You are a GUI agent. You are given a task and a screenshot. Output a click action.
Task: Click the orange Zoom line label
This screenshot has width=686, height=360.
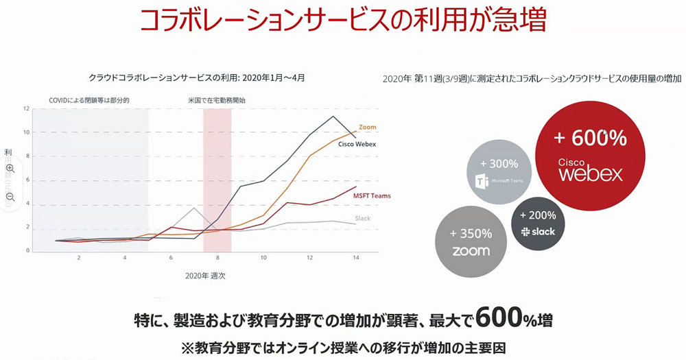coord(368,128)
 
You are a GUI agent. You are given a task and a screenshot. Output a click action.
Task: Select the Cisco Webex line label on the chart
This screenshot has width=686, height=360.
coord(360,144)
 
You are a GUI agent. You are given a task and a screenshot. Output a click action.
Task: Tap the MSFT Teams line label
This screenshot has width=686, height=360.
coord(372,196)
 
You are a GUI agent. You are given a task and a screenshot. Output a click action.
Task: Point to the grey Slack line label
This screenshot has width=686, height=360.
coord(362,218)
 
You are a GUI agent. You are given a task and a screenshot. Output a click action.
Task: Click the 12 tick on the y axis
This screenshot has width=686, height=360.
coord(25,109)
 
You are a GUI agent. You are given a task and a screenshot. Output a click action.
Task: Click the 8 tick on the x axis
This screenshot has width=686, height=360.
coord(217,258)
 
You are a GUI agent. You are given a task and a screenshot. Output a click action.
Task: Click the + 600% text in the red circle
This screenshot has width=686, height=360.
coord(590,138)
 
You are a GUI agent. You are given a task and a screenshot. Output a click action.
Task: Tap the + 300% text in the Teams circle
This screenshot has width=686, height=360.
coord(499,165)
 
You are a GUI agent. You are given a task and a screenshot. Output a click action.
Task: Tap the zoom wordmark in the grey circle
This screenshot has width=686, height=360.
coord(471,250)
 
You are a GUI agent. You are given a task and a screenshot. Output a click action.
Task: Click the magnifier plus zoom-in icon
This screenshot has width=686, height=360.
coord(10,168)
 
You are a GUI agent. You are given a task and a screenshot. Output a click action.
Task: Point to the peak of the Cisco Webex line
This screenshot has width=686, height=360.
coord(333,116)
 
